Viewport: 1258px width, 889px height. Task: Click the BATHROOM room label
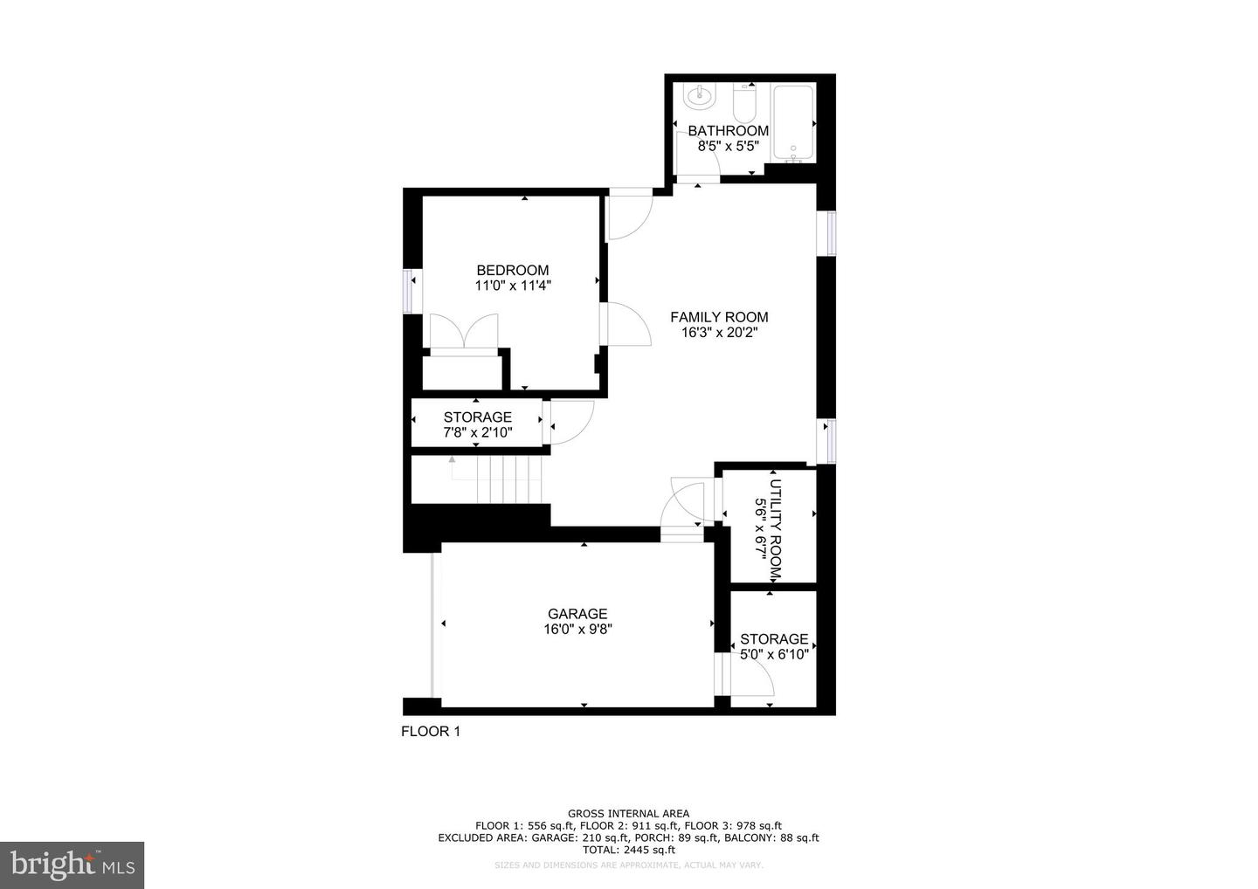click(x=728, y=131)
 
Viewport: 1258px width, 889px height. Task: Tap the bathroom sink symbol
click(x=700, y=94)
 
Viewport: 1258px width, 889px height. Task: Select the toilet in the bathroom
click(x=744, y=104)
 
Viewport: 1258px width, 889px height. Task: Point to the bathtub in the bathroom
click(x=793, y=123)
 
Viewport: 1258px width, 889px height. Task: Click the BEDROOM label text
click(x=512, y=271)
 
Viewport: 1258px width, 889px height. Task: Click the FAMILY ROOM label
click(x=719, y=317)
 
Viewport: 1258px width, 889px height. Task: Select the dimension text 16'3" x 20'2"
click(x=719, y=332)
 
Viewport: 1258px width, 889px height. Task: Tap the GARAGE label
click(x=577, y=614)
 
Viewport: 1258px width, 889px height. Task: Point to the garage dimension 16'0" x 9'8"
click(x=577, y=629)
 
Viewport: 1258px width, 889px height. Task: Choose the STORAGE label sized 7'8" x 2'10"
click(x=477, y=417)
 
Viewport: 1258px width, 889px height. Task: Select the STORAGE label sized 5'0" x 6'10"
click(x=774, y=639)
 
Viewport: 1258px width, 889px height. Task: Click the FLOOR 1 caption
click(x=430, y=732)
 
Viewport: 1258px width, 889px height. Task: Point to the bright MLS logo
click(x=72, y=865)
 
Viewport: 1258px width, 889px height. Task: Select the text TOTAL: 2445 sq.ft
click(x=628, y=850)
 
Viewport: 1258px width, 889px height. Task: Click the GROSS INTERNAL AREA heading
click(x=628, y=814)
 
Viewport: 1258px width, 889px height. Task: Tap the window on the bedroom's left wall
click(x=407, y=290)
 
